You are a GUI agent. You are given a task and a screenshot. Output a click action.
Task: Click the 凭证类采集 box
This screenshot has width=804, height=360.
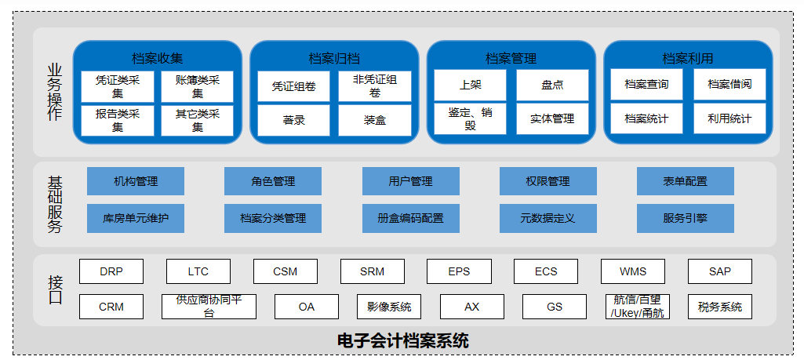click(118, 86)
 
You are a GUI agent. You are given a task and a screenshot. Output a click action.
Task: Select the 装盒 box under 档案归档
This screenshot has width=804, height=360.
click(375, 121)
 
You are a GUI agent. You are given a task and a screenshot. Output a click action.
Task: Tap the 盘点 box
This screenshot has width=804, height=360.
click(552, 85)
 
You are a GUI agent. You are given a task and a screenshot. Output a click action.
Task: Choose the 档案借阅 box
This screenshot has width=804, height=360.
click(729, 84)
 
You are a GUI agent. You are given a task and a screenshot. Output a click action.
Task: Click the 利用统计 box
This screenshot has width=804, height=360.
click(729, 119)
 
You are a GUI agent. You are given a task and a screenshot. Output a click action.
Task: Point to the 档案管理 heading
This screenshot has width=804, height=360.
click(511, 58)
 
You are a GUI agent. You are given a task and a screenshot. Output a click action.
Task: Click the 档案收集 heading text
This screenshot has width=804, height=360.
click(158, 58)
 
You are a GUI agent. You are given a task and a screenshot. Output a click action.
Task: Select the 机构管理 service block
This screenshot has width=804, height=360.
click(136, 181)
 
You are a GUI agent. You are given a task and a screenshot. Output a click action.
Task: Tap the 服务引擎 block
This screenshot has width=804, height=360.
click(685, 219)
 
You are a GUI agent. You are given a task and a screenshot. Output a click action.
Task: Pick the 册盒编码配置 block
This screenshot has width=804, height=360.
click(411, 219)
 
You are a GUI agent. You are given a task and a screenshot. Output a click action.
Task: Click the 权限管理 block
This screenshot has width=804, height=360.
click(548, 181)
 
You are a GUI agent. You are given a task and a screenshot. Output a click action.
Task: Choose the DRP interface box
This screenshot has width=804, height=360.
click(111, 271)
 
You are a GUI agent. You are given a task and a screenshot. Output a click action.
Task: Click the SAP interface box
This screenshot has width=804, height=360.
click(720, 271)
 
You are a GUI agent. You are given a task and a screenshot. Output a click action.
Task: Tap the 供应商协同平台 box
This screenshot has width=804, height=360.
click(209, 307)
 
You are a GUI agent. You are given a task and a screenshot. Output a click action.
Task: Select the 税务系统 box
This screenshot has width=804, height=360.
click(720, 307)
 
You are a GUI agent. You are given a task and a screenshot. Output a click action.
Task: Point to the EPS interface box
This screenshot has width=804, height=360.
click(459, 271)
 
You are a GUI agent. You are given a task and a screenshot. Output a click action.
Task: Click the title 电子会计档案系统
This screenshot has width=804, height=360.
click(403, 340)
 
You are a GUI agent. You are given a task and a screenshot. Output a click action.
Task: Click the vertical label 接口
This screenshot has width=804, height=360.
click(55, 290)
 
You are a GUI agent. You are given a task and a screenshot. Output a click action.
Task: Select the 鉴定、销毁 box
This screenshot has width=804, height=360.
click(470, 119)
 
